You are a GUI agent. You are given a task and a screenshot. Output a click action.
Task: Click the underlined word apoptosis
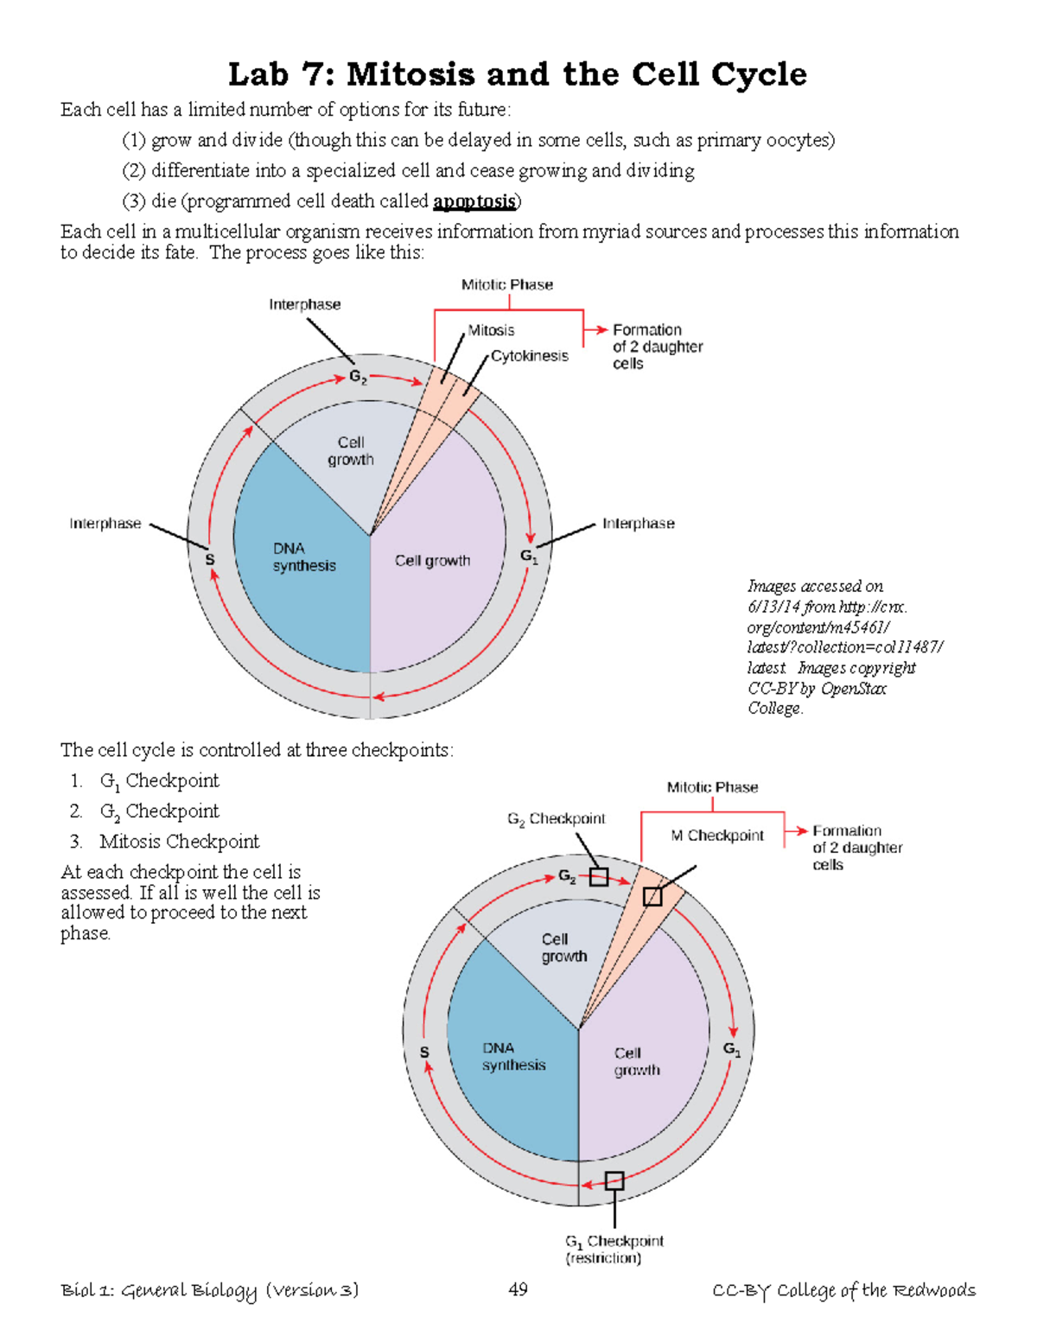474,201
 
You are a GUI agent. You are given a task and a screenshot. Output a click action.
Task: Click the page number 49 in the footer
518,1289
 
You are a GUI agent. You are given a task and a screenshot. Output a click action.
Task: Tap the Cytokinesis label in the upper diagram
529,356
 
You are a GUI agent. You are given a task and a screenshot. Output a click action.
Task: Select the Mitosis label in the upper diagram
491,330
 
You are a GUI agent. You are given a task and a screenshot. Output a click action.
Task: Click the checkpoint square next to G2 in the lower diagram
598,877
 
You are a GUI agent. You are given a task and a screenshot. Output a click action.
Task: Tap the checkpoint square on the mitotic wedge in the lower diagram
652,897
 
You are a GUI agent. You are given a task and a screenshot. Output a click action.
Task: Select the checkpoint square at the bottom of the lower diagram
614,1180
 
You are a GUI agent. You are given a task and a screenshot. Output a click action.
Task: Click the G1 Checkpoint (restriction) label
614,1249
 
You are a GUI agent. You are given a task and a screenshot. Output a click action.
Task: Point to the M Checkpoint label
717,836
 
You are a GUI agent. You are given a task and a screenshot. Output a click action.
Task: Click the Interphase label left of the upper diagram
105,524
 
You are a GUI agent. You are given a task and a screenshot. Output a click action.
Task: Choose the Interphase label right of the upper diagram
638,524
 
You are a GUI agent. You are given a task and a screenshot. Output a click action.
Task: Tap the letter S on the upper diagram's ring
209,560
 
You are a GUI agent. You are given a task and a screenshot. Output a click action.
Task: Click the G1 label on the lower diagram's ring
731,1049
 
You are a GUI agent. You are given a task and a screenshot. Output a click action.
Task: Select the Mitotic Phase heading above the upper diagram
506,284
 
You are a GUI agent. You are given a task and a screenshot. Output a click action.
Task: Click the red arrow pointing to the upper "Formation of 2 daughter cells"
595,329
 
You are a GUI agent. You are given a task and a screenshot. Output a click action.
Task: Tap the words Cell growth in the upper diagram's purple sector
432,561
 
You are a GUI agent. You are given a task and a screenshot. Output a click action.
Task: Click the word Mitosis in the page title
410,74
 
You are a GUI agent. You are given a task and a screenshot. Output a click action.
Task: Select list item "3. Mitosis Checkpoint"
164,841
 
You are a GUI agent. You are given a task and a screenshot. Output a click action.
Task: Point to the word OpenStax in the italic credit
853,689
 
